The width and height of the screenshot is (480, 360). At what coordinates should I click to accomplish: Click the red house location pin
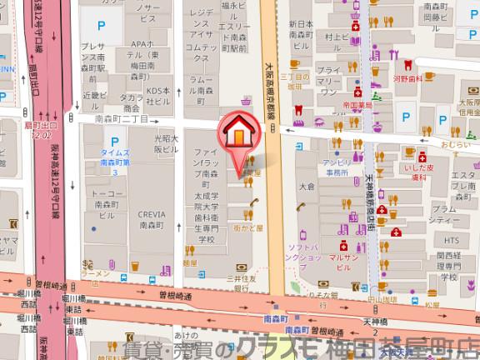click(238, 133)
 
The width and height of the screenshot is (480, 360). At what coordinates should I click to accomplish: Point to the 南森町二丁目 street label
click(122, 120)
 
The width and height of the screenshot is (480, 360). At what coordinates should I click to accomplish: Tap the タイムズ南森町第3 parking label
click(102, 162)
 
